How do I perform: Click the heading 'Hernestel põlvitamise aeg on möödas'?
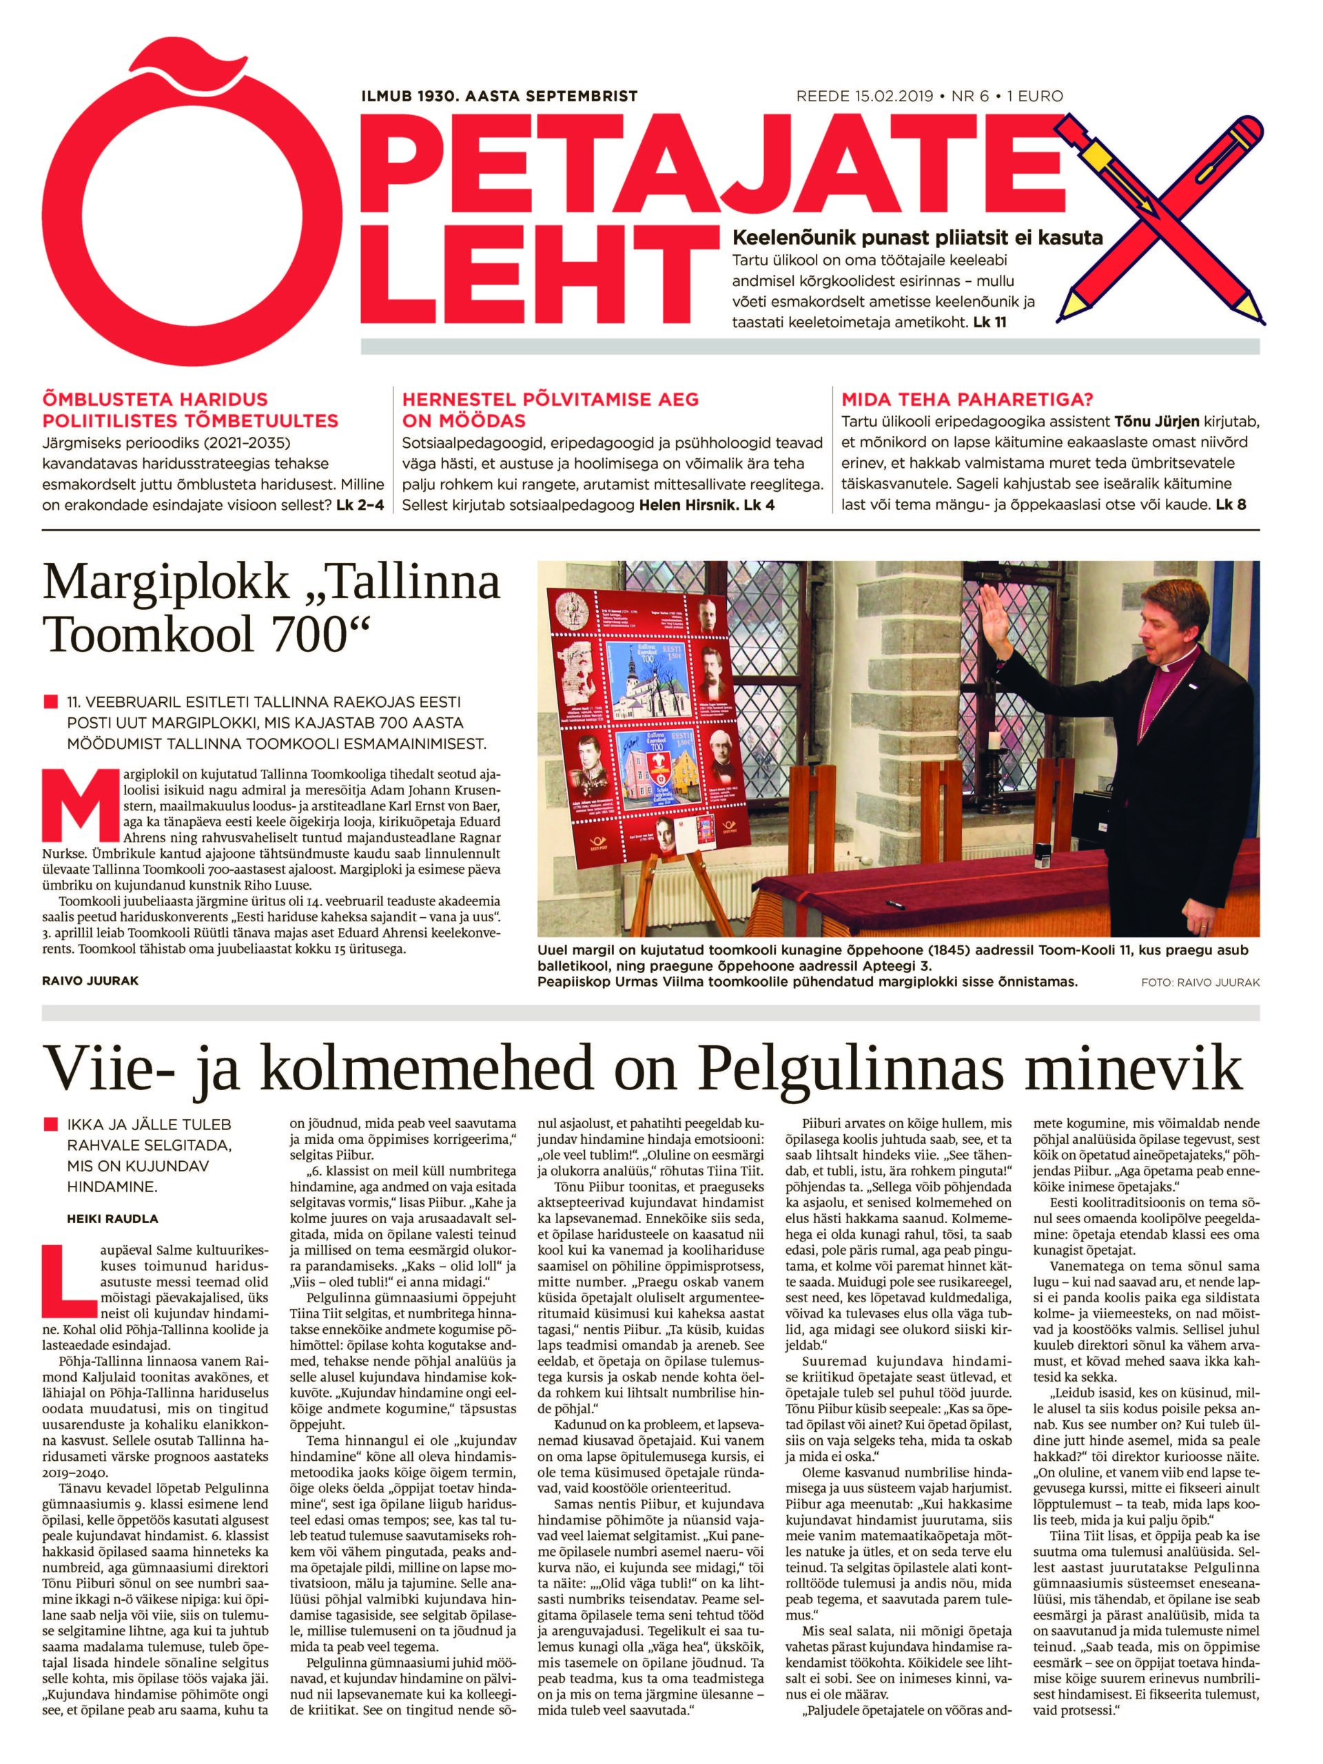coord(551,409)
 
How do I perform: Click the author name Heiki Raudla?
coord(112,1218)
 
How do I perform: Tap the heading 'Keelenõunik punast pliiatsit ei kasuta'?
coord(917,237)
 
